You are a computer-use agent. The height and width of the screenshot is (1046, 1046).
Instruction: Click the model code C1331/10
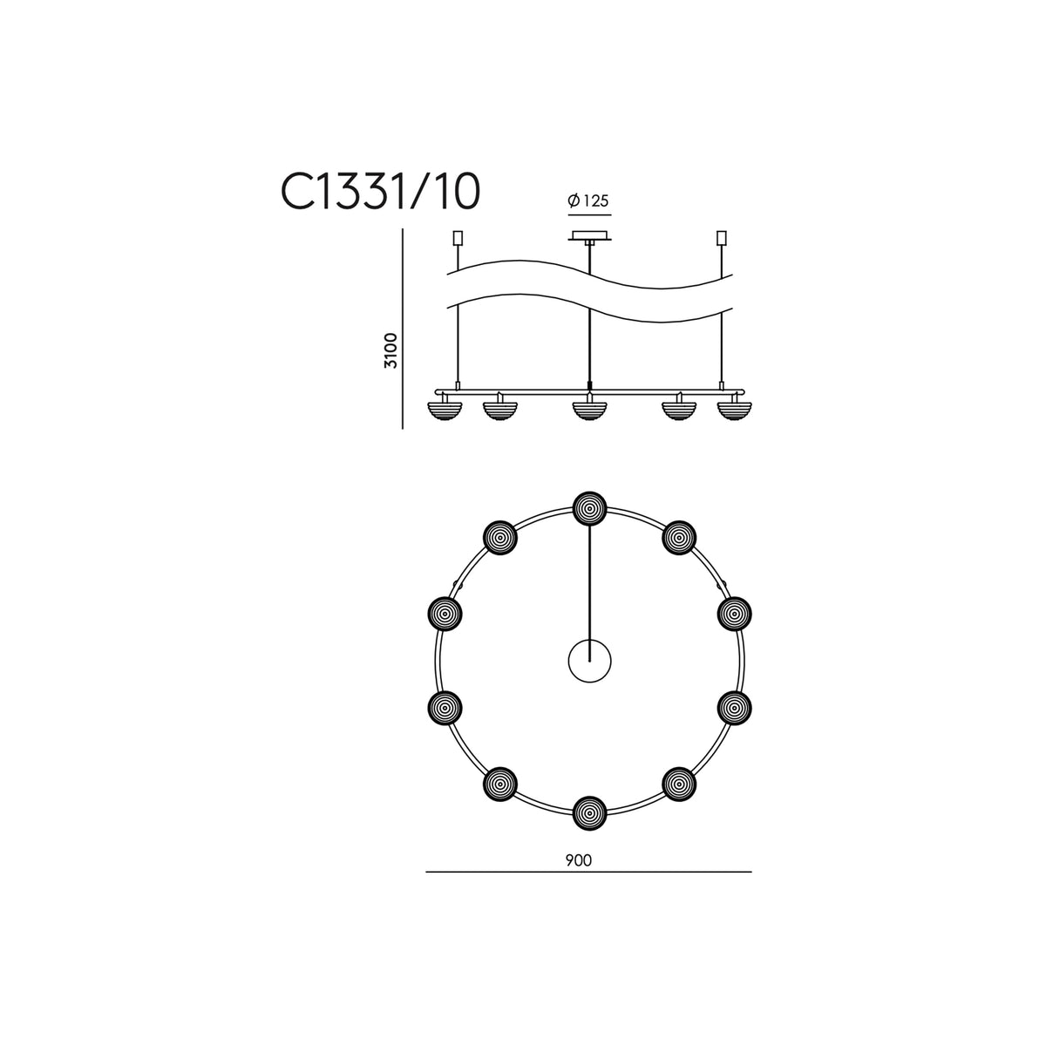click(x=381, y=192)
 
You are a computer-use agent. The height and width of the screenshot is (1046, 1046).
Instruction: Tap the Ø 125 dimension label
click(x=588, y=200)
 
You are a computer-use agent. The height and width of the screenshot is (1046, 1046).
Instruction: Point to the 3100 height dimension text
click(x=391, y=351)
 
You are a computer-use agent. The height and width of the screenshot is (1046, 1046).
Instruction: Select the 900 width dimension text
click(x=579, y=860)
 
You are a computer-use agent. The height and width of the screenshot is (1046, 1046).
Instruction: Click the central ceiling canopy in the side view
click(x=589, y=236)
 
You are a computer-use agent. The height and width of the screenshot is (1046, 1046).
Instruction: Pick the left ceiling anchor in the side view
click(x=458, y=238)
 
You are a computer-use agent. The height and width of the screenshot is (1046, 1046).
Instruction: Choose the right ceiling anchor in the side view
click(x=722, y=238)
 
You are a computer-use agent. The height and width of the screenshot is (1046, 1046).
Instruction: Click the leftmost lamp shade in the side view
click(x=445, y=410)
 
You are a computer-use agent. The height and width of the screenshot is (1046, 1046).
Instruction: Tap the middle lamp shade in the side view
click(x=589, y=410)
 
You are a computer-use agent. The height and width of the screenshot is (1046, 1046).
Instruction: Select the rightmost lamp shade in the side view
click(x=734, y=410)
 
